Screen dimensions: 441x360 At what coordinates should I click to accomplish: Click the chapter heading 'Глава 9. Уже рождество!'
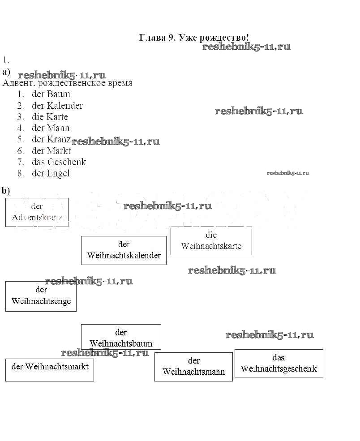(x=194, y=38)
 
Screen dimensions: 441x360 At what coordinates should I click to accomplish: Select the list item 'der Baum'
(x=51, y=94)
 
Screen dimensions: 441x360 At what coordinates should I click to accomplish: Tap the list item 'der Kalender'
(x=57, y=106)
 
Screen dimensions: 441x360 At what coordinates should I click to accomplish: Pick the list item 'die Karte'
(x=50, y=117)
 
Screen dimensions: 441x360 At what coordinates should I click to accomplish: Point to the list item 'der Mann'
(x=51, y=128)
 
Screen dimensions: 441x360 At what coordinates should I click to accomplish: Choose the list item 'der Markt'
(x=51, y=151)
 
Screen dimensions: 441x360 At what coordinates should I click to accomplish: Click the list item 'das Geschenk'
(x=59, y=162)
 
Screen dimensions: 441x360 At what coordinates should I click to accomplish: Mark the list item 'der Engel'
(x=51, y=173)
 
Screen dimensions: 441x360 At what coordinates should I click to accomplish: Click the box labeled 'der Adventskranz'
(x=37, y=212)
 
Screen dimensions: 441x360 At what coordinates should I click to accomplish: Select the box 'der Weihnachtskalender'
(x=124, y=250)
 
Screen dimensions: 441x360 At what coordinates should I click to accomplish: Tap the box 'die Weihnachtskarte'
(x=211, y=241)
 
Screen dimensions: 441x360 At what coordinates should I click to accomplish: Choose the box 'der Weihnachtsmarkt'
(x=50, y=369)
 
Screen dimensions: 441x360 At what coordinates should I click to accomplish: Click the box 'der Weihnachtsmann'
(x=193, y=367)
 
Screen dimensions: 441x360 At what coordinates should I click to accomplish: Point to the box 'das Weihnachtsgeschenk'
(x=279, y=363)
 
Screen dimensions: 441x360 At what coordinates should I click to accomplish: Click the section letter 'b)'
(x=6, y=191)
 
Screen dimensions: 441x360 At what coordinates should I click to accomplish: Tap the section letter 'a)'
(x=6, y=72)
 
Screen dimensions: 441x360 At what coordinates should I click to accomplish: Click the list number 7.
(x=21, y=162)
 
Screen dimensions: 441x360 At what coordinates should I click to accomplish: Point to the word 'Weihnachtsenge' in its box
(x=41, y=301)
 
